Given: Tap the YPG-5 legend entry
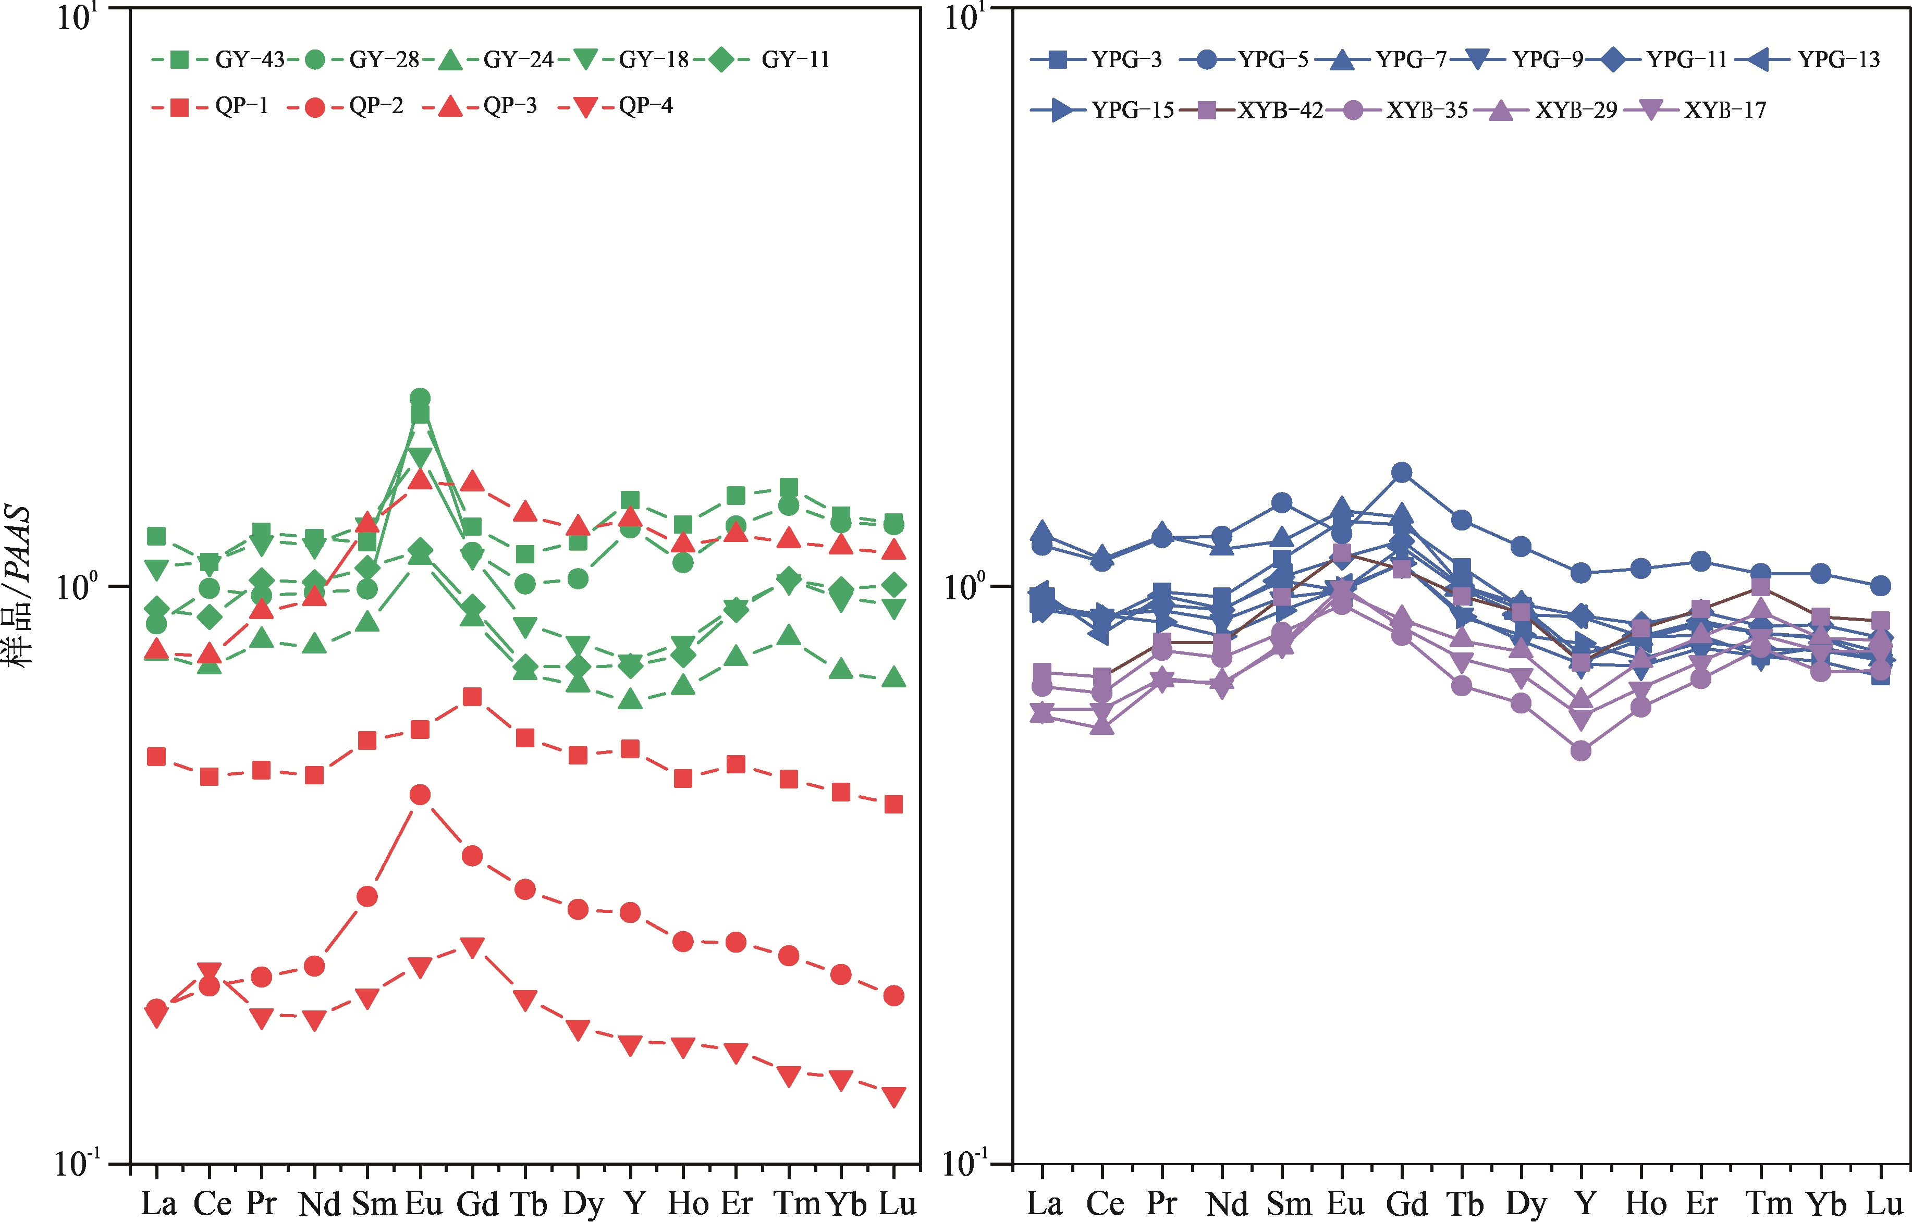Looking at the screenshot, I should click(x=1247, y=59).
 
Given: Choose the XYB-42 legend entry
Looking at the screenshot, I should click(x=1255, y=110).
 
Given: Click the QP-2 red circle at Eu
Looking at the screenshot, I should click(x=420, y=795).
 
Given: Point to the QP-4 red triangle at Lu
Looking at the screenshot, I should click(x=894, y=1096).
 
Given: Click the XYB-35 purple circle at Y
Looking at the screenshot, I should click(x=1581, y=750).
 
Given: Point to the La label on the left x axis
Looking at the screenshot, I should click(x=158, y=1203).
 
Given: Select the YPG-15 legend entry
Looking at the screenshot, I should click(x=1104, y=110).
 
